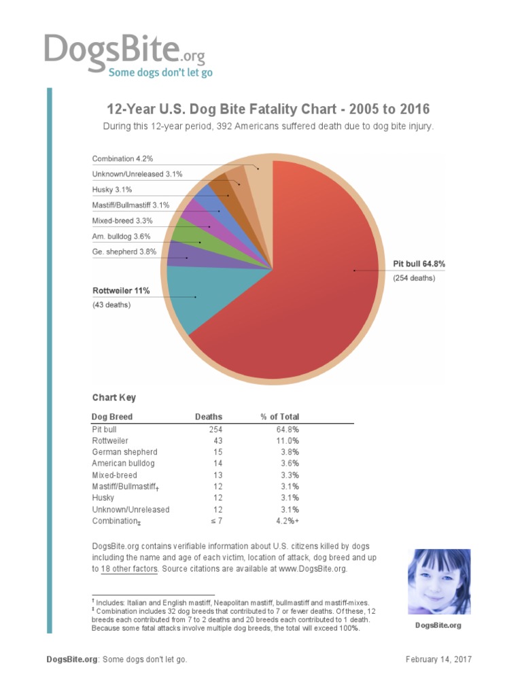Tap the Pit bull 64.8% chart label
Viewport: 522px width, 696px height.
[419, 263]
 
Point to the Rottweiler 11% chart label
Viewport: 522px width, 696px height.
[121, 291]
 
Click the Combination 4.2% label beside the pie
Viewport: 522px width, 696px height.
[122, 158]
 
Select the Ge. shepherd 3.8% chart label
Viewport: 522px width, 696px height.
[124, 251]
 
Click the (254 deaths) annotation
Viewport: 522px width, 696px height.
[415, 278]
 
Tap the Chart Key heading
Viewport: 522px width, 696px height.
[114, 398]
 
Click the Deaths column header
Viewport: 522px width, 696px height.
[209, 417]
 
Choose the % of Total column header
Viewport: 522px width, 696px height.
[279, 417]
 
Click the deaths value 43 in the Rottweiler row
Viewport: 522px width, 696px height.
[217, 441]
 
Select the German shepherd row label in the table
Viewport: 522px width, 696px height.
[124, 452]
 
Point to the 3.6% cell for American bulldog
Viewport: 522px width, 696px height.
[289, 464]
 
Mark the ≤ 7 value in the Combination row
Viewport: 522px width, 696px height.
[215, 521]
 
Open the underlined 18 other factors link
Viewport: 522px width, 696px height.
[129, 569]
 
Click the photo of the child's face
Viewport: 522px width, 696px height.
[439, 582]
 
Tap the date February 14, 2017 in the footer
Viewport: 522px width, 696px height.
[438, 659]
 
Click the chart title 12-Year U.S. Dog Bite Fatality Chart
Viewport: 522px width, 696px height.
[268, 109]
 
